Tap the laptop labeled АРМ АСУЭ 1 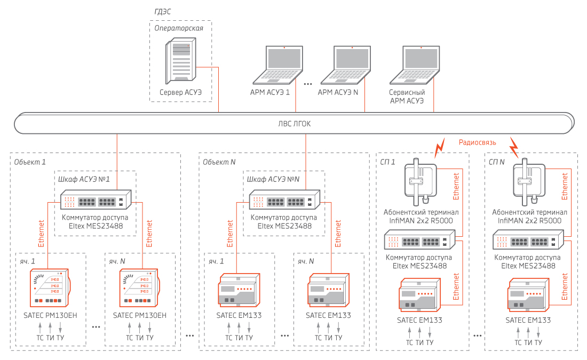click(x=284, y=65)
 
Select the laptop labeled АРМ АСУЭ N click(x=352, y=65)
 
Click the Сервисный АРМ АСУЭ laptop click(x=421, y=65)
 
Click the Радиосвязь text click(x=478, y=142)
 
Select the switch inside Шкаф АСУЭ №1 click(x=96, y=202)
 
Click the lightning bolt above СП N click(x=514, y=145)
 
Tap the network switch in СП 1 click(x=420, y=241)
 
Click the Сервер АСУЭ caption click(x=180, y=92)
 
